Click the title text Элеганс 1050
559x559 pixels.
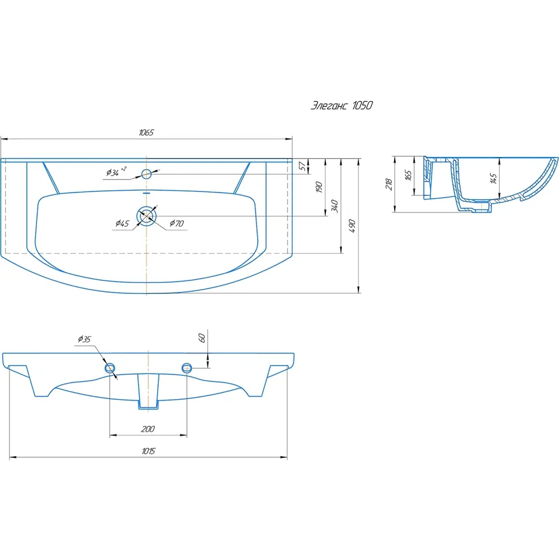pyautogui.click(x=342, y=106)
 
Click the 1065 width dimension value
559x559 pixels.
pyautogui.click(x=146, y=132)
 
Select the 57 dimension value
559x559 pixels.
pyautogui.click(x=302, y=166)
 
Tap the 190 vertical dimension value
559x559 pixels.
pyautogui.click(x=319, y=187)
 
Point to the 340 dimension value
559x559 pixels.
pyautogui.click(x=335, y=206)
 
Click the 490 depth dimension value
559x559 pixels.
pyautogui.click(x=352, y=226)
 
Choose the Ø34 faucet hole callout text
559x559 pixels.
pyautogui.click(x=116, y=172)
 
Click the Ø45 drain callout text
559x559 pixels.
pyautogui.click(x=122, y=224)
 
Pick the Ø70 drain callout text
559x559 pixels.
pyautogui.click(x=177, y=224)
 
